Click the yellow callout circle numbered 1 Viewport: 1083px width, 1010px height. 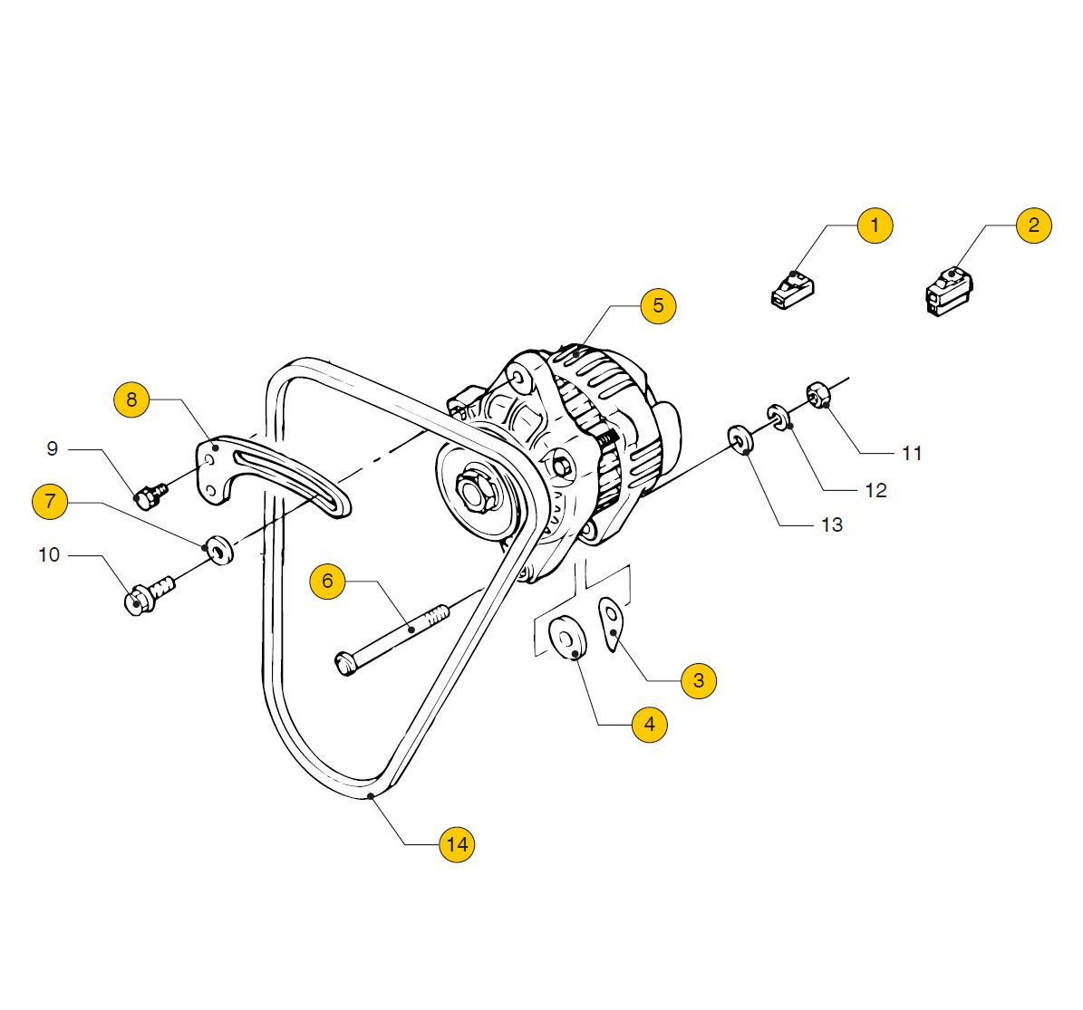[875, 225]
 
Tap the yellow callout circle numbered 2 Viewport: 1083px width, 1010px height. [1034, 225]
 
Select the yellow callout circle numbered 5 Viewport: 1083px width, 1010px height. [658, 305]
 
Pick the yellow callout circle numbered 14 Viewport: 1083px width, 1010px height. [457, 844]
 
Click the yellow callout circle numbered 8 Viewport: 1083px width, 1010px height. [132, 399]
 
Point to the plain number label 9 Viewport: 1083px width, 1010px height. [53, 448]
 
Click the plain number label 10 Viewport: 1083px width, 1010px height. [49, 554]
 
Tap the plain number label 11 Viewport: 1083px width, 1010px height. [912, 453]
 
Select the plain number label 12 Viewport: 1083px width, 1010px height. [875, 491]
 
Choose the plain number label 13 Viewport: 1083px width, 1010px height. [831, 524]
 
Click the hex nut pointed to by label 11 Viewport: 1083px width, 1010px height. [818, 395]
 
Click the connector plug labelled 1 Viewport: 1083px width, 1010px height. [792, 290]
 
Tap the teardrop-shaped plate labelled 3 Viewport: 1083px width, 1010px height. [612, 623]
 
